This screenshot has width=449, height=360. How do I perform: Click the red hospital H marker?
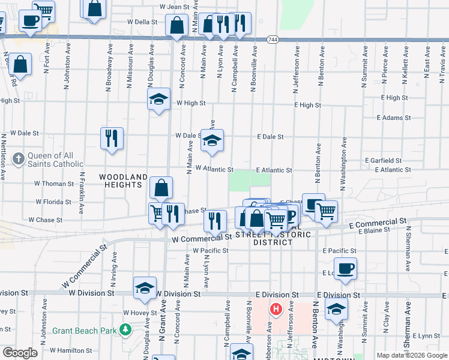(276, 310)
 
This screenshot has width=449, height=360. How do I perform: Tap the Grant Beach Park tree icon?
(125, 329)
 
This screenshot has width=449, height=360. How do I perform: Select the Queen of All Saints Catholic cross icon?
(19, 159)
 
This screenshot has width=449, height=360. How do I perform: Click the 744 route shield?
(273, 40)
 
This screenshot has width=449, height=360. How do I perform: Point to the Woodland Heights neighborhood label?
(124, 181)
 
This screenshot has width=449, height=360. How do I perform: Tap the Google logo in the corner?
(20, 353)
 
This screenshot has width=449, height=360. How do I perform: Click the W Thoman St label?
(54, 184)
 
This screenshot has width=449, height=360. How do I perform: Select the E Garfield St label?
(384, 161)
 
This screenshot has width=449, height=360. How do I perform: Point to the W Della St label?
(142, 22)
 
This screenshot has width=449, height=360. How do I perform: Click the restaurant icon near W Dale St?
(112, 138)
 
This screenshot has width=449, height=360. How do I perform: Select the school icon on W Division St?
(145, 287)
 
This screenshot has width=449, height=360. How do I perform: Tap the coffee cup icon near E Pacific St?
(345, 268)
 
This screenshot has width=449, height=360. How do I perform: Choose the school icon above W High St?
(159, 99)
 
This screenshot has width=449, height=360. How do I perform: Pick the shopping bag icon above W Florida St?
(161, 188)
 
